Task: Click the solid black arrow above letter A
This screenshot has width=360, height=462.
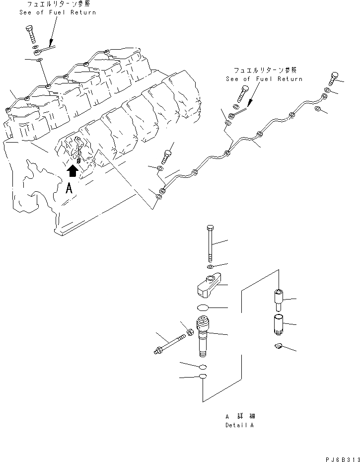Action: click(72, 171)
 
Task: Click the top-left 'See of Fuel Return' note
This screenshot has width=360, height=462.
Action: click(58, 8)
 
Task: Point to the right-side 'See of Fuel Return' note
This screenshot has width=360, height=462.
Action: click(264, 75)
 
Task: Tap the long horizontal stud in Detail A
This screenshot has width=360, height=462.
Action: click(169, 345)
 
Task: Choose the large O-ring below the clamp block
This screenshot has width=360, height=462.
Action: click(205, 308)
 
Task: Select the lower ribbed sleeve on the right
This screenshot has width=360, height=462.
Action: click(279, 325)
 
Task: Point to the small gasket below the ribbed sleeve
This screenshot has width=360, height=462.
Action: click(279, 346)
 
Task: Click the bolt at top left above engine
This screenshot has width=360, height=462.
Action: click(30, 33)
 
